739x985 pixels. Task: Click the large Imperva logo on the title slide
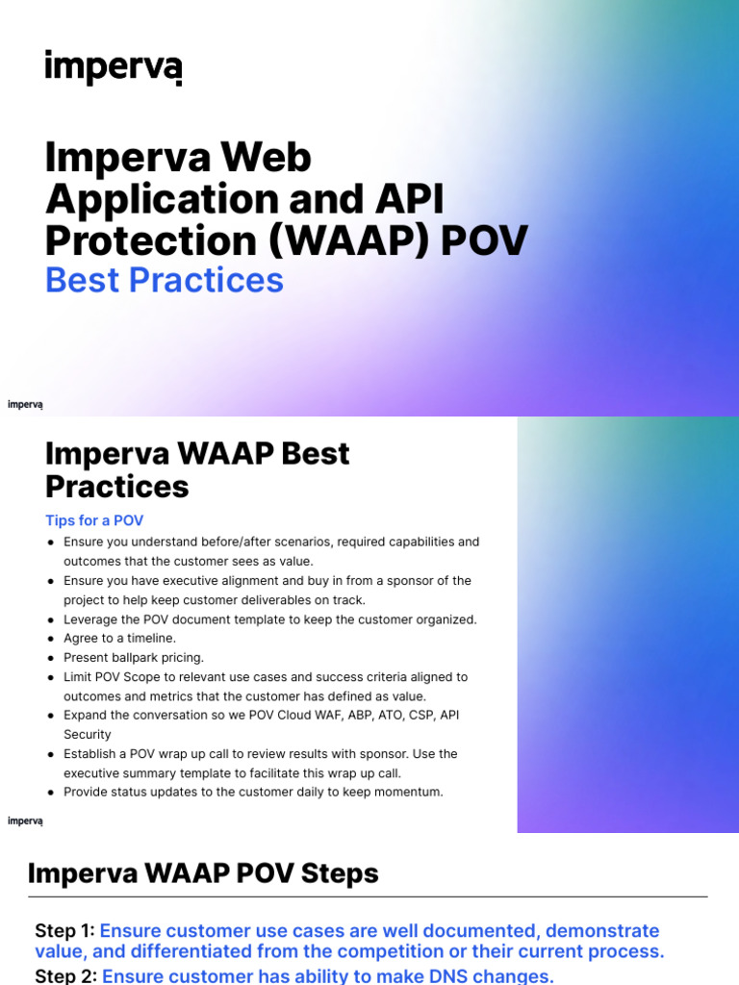pyautogui.click(x=113, y=67)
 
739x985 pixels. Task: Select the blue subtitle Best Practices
pyautogui.click(x=165, y=280)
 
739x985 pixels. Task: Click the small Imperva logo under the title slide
pyautogui.click(x=25, y=405)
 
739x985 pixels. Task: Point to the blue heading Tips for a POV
pyautogui.click(x=94, y=520)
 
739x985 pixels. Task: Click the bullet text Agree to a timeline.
pyautogui.click(x=120, y=638)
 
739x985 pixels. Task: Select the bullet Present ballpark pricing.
pyautogui.click(x=134, y=657)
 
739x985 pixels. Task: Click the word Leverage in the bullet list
pyautogui.click(x=92, y=619)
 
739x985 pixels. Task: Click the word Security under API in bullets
pyautogui.click(x=88, y=734)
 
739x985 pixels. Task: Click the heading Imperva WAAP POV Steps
pyautogui.click(x=203, y=873)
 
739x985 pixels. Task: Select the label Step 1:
pyautogui.click(x=64, y=931)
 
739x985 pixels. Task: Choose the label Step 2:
pyautogui.click(x=65, y=976)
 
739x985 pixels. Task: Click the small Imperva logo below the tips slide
pyautogui.click(x=25, y=821)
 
